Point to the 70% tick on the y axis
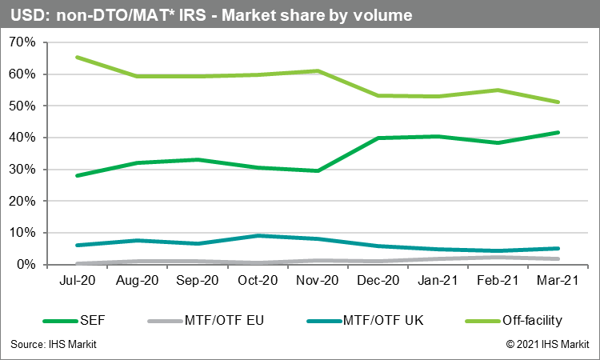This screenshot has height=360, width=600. click(21, 42)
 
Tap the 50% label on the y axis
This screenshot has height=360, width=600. click(21, 106)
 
